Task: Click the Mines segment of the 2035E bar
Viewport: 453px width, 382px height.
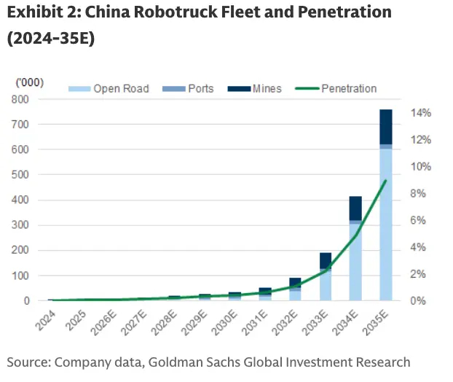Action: pos(386,126)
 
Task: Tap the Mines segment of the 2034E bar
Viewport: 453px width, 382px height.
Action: pos(355,208)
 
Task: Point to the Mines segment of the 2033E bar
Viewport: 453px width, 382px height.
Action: pos(325,260)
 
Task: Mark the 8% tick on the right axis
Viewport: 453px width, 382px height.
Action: pos(424,193)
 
